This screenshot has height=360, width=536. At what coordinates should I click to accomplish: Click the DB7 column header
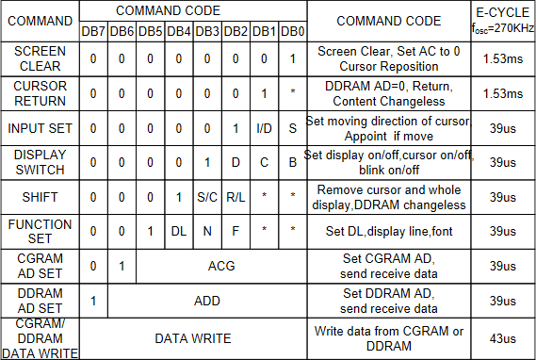[x=93, y=30]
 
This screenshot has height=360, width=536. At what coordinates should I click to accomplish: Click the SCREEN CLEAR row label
[x=41, y=58]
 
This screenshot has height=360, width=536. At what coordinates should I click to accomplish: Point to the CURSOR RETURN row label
[x=41, y=93]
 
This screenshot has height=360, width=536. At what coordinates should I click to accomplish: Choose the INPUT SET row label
[x=41, y=127]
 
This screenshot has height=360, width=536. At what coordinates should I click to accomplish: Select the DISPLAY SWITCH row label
[x=41, y=161]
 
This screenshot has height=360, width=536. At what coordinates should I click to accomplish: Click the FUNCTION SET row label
[x=41, y=231]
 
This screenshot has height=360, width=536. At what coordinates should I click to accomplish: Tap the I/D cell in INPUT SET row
[x=264, y=128]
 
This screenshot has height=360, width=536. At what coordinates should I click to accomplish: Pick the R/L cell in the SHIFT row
[x=236, y=197]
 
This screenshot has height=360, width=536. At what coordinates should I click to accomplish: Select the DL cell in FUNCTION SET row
[x=178, y=232]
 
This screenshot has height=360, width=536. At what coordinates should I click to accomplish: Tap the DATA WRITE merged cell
[x=193, y=336]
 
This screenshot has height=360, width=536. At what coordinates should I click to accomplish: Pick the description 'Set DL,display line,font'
[x=388, y=232]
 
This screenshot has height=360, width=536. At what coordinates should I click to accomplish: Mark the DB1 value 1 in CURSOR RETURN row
[x=264, y=93]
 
